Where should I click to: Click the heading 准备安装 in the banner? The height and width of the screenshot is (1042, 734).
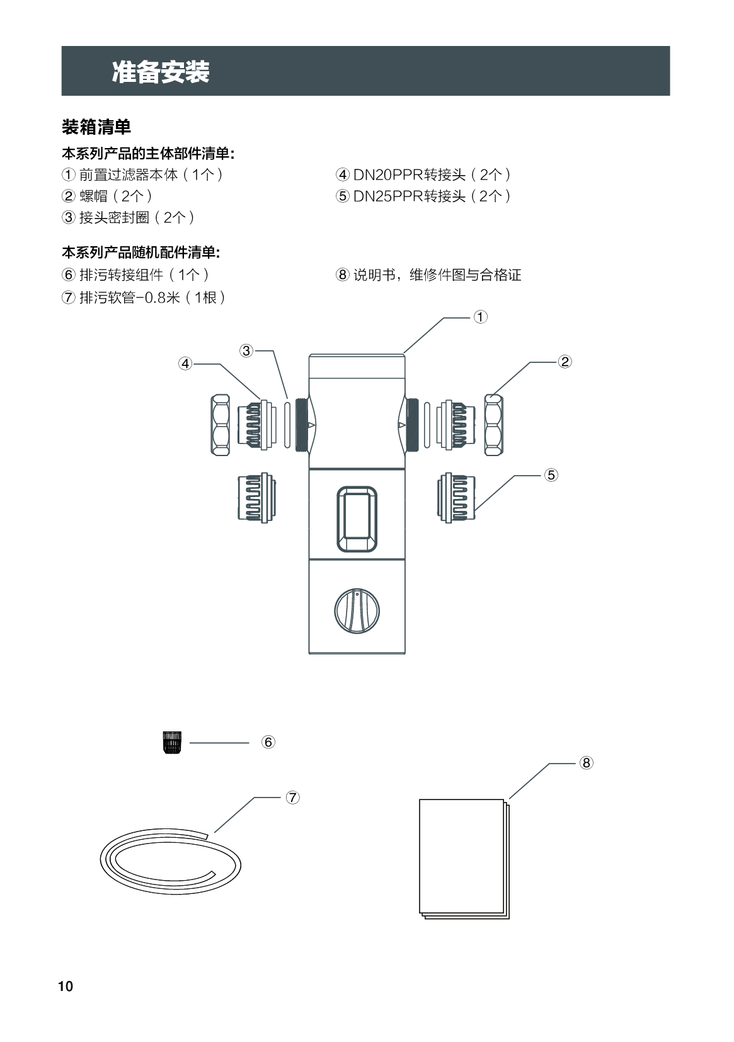(x=161, y=72)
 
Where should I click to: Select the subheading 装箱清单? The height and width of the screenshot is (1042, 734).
(x=96, y=127)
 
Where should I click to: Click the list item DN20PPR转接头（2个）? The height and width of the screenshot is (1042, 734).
(x=423, y=175)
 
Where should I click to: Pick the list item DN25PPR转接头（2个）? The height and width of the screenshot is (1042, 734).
(x=423, y=196)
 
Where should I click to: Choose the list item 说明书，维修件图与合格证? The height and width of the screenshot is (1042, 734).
(x=429, y=275)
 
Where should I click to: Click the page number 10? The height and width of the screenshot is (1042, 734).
(x=66, y=987)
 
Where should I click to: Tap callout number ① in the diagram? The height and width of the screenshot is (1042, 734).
(x=480, y=317)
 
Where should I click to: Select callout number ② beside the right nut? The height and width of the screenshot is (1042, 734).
(x=565, y=362)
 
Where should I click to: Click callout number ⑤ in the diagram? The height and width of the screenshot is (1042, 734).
(x=551, y=475)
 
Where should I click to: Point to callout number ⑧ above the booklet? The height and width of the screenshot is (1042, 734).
(x=586, y=763)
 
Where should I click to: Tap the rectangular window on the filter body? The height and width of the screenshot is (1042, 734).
(x=357, y=518)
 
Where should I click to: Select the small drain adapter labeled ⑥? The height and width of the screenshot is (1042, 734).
(x=171, y=743)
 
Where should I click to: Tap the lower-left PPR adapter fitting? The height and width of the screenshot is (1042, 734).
(x=255, y=496)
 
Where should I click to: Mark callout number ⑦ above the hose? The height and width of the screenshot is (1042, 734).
(x=292, y=798)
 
